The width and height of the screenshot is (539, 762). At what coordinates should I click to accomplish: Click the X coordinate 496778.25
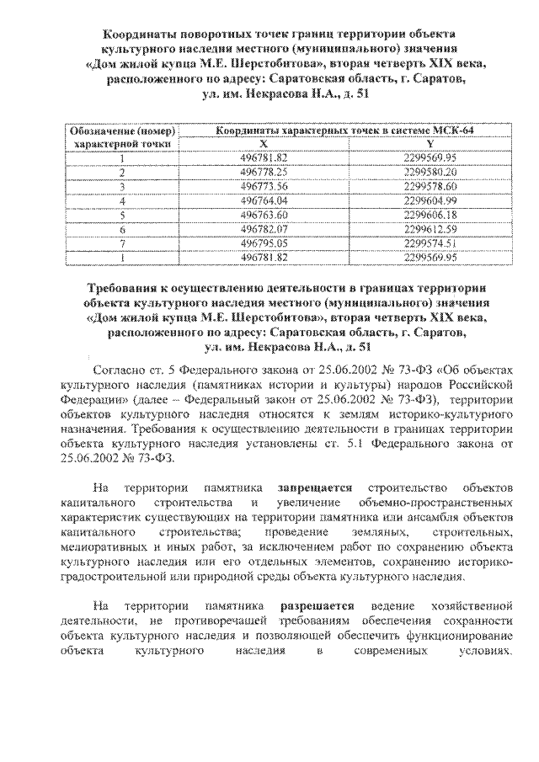tap(264, 171)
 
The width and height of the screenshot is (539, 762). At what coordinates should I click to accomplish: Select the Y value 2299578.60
tap(430, 185)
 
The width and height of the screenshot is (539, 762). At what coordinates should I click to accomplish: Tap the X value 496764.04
tap(264, 200)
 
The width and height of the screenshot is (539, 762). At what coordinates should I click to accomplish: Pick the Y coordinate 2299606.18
tap(430, 214)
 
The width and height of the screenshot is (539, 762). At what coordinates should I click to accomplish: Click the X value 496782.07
tap(264, 228)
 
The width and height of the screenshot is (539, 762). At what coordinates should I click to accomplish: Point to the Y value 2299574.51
tap(430, 242)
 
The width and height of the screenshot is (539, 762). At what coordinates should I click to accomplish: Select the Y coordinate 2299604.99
tap(430, 200)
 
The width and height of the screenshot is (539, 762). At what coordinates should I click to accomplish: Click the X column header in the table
tap(264, 143)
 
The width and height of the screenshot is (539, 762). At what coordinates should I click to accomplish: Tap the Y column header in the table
tap(430, 143)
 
